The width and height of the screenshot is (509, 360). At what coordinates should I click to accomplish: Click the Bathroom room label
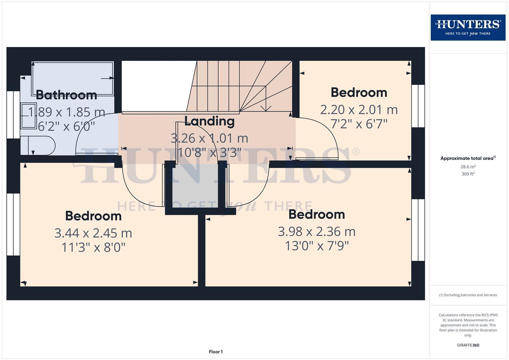(66, 95)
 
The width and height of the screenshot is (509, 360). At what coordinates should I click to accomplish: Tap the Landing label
(209, 121)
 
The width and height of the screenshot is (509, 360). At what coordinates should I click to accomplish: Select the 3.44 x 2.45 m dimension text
(93, 233)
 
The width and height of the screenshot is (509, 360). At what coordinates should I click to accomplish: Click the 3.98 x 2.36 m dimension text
(317, 231)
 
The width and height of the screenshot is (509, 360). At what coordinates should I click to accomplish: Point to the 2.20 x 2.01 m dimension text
(359, 110)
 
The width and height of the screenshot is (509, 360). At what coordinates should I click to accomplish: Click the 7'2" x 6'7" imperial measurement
(359, 124)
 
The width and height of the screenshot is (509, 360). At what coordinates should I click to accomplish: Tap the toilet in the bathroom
(37, 145)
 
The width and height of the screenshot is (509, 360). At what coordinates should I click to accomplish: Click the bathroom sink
(28, 116)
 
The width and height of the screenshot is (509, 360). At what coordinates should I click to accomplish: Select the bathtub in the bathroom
(73, 79)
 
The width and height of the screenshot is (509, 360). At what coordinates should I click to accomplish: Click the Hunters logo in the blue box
(468, 27)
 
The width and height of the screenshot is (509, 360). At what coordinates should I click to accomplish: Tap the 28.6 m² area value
(468, 167)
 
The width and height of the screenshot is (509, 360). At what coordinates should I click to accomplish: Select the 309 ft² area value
(468, 174)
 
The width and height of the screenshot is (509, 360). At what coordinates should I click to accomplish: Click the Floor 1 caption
(216, 352)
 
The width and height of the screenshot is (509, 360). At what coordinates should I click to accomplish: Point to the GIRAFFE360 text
(468, 345)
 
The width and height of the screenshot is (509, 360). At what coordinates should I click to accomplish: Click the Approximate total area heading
(468, 158)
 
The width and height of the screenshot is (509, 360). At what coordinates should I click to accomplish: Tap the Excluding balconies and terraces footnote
(468, 295)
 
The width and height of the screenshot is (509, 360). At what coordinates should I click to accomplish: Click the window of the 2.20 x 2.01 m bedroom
(418, 106)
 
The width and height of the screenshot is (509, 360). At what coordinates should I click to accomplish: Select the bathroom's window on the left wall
(13, 115)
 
